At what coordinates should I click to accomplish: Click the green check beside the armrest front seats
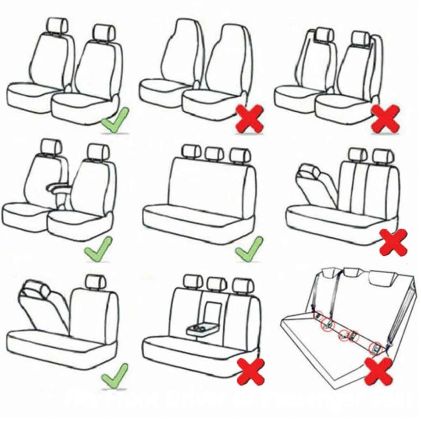coord(99,249)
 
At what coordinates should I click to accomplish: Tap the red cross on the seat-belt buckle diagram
coord(378,371)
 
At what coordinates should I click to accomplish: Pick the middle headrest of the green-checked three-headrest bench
coord(214,153)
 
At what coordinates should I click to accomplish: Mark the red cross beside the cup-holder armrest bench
coord(251,371)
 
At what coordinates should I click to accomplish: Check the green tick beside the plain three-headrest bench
coord(249,249)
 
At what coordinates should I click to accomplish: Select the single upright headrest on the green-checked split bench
coord(96,282)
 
